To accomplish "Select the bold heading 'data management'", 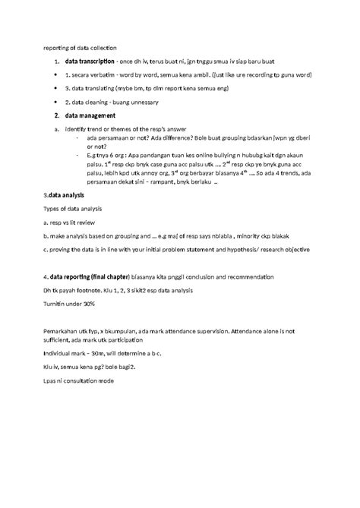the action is (x=90, y=115).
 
